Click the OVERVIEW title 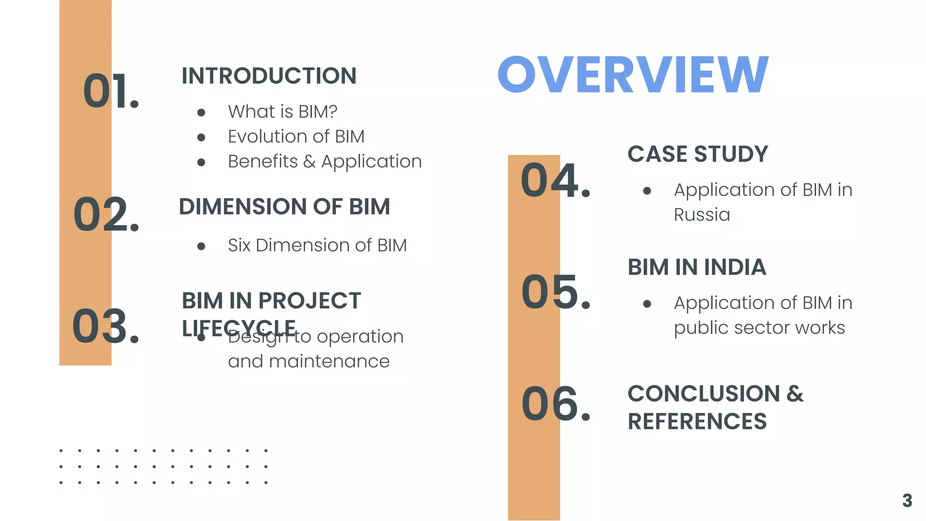pos(633,75)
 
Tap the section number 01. pos(111,91)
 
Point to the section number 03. pos(106,326)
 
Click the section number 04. pos(555,180)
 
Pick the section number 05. pos(556,292)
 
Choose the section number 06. pos(556,404)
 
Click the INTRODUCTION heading pos(269,76)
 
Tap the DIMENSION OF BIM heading pos(284,207)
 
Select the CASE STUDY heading pos(698,154)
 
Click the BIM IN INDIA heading pos(697,267)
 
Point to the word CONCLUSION pos(704,393)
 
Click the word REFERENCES pos(697,422)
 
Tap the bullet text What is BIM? pos(283,112)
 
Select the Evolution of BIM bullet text pos(296,137)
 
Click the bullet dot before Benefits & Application pos(202,162)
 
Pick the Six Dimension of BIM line pos(317,246)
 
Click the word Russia pos(702,215)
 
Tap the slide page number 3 pos(907,501)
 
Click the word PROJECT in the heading pos(310,301)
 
